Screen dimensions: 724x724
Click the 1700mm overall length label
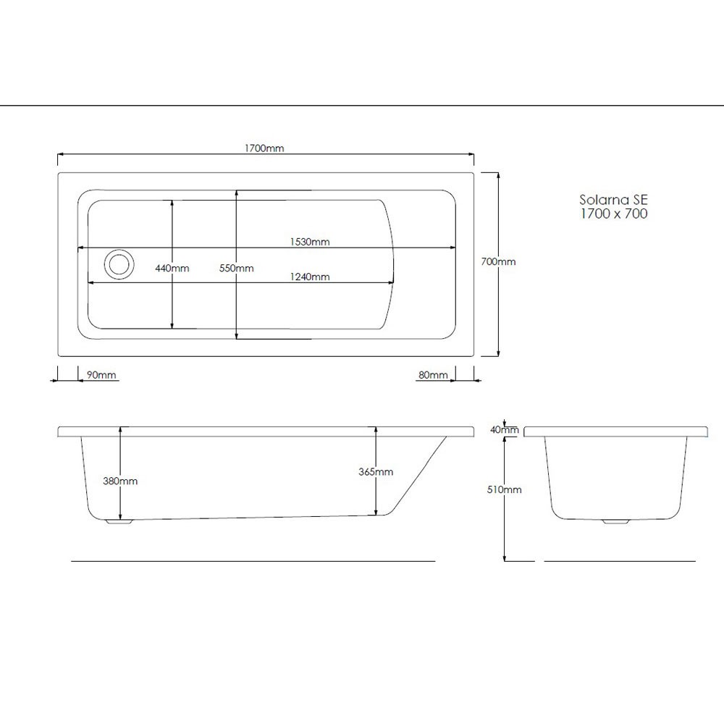click(264, 148)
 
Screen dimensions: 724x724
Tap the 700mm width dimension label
click(498, 261)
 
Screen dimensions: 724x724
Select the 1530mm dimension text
click(310, 242)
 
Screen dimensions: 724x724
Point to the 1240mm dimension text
click(310, 277)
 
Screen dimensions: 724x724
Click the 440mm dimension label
click(172, 268)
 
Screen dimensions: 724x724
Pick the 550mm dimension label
click(237, 268)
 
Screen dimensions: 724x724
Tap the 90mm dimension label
click(101, 374)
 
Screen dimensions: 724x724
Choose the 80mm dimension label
click(433, 374)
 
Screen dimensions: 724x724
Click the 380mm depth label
click(120, 481)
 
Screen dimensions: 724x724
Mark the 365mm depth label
click(376, 471)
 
